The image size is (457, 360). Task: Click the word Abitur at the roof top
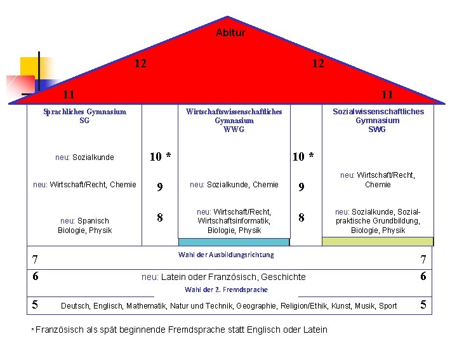tap(230, 32)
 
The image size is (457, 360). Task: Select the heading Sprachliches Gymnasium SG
tap(84, 116)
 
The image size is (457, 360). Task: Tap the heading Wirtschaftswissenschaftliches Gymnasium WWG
tap(234, 120)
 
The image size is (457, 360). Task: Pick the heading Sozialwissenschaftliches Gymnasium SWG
tap(378, 120)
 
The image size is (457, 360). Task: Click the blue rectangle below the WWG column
tap(234, 242)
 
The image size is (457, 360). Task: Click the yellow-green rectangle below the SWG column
tap(377, 241)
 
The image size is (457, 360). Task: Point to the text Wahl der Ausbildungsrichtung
tap(226, 255)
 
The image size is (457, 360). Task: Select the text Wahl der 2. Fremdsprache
tap(226, 290)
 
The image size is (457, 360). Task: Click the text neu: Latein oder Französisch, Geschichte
tap(223, 277)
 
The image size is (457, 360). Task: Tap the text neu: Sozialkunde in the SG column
tap(84, 157)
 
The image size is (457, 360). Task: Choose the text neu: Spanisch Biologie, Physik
tap(84, 225)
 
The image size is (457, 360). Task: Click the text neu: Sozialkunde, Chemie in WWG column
tap(234, 185)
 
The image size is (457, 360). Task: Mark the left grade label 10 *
tap(159, 157)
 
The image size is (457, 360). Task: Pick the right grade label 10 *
tap(302, 157)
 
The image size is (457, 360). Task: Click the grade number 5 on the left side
tap(36, 305)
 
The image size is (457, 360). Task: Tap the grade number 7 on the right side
tap(423, 260)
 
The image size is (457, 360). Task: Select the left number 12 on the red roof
tap(141, 63)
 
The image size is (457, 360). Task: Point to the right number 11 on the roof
tap(387, 95)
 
